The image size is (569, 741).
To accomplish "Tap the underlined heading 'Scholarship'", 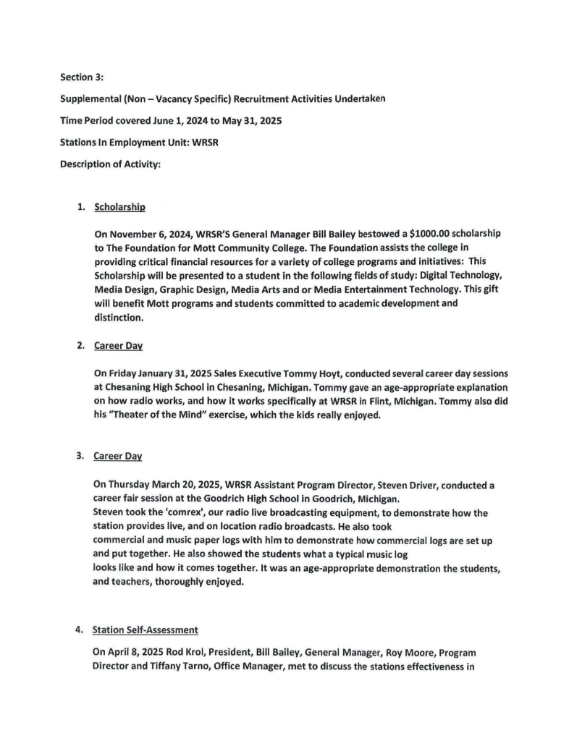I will (x=120, y=207).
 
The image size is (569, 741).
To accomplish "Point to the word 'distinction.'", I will (x=119, y=318).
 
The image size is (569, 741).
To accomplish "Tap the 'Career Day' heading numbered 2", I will (x=117, y=347).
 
